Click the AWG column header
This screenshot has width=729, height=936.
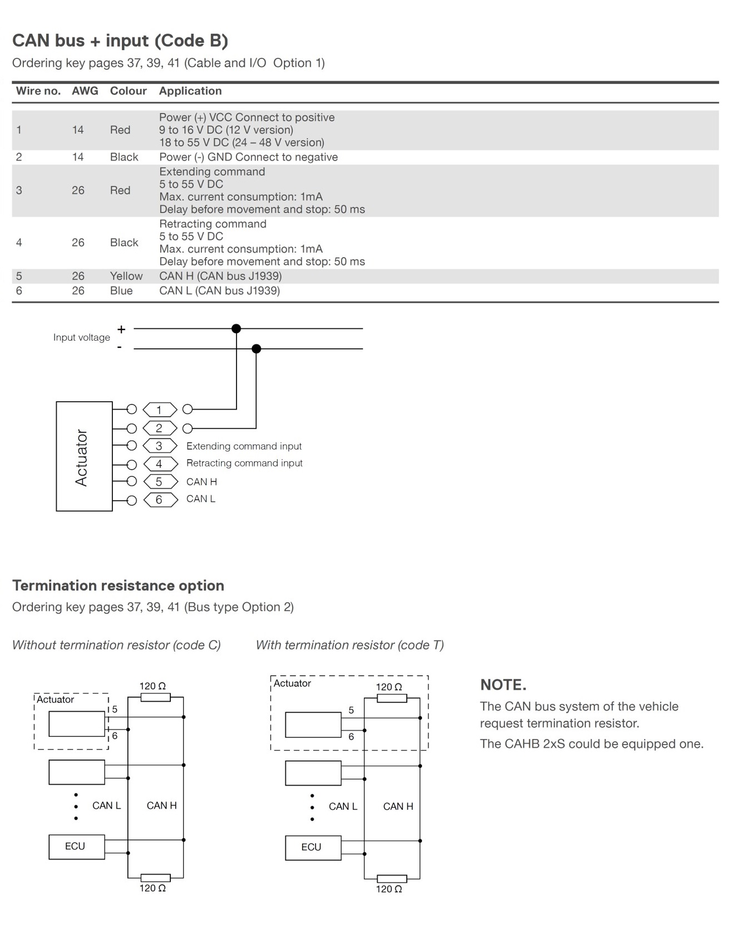(85, 91)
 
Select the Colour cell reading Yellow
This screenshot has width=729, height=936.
(126, 276)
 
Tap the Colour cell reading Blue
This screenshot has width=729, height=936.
(121, 290)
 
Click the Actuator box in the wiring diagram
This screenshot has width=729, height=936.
(84, 456)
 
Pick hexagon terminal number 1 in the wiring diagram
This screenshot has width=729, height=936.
(160, 410)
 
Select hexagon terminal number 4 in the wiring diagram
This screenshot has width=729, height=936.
(160, 464)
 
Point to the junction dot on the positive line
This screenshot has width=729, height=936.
(236, 329)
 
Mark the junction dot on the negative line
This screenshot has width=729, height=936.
(256, 349)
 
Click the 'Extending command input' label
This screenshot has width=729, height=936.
(244, 446)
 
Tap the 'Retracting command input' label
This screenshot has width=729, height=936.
(244, 463)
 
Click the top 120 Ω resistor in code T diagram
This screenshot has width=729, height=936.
(392, 698)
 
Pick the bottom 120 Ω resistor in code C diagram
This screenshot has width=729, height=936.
(155, 878)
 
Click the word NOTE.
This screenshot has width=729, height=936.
(503, 685)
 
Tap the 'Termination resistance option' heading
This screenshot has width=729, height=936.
(118, 585)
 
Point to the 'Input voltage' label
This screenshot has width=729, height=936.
(82, 337)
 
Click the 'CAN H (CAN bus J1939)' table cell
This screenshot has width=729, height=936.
(220, 276)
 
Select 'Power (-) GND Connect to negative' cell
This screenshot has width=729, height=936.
(248, 157)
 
